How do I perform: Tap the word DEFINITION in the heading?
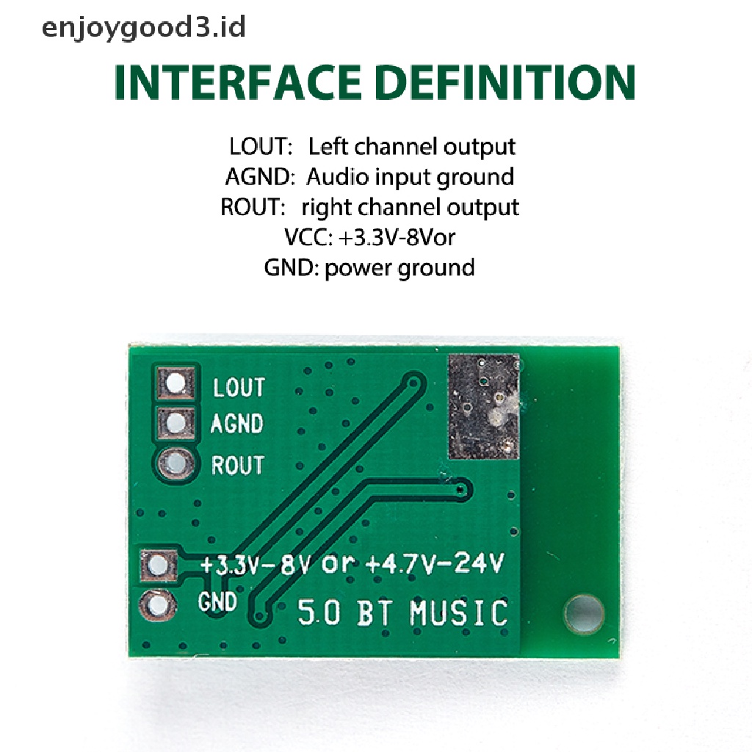click(505, 82)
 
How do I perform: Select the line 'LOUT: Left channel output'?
click(372, 146)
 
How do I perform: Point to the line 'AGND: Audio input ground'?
click(369, 177)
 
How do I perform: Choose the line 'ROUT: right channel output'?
click(369, 207)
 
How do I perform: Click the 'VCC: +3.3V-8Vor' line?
click(373, 237)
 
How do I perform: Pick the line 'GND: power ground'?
click(369, 267)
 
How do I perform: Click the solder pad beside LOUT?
click(176, 383)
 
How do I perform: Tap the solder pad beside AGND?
click(176, 422)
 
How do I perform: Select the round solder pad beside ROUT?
click(176, 463)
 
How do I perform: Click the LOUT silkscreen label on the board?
click(239, 387)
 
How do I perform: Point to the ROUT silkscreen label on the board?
click(237, 465)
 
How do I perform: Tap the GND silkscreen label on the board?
click(218, 602)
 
